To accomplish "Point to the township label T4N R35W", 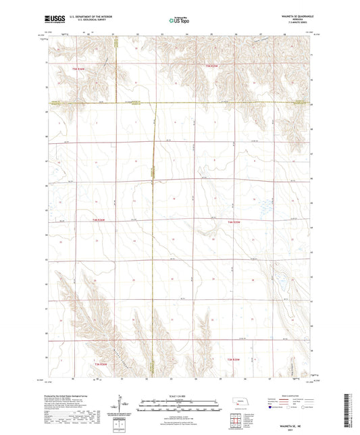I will [x=235, y=220].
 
